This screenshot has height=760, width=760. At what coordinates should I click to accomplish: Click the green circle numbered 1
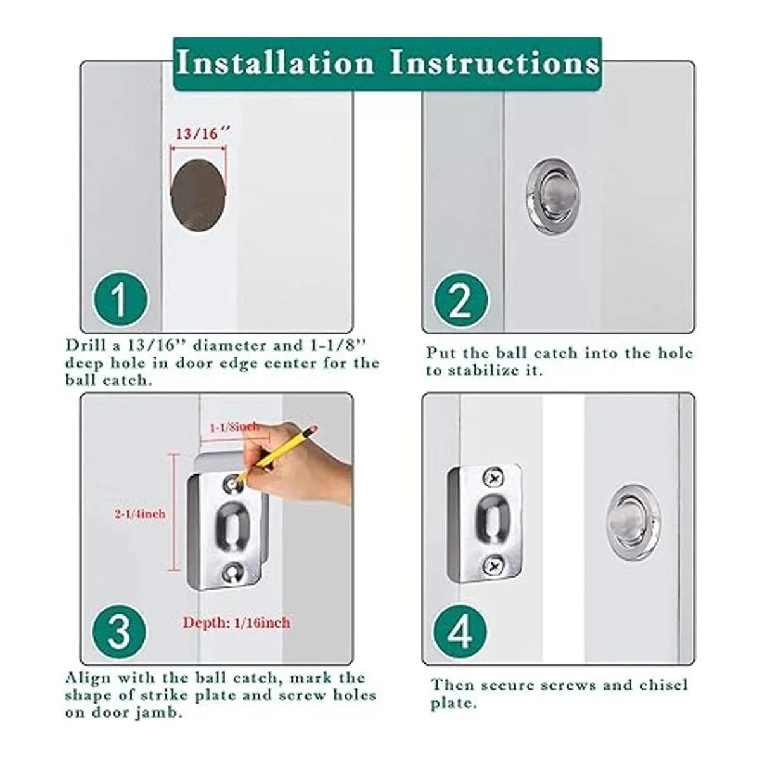[x=120, y=299]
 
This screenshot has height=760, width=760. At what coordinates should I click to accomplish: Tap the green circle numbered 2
[x=460, y=299]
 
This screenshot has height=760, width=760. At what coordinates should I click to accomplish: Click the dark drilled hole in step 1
[x=199, y=195]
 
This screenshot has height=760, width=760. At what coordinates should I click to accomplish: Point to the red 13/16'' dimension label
[x=202, y=134]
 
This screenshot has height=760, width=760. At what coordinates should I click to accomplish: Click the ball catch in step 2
[x=553, y=195]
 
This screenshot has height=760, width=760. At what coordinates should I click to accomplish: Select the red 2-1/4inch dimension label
[x=140, y=514]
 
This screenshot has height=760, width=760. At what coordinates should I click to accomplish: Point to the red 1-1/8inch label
[x=234, y=427]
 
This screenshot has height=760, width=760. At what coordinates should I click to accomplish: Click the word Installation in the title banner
[x=275, y=63]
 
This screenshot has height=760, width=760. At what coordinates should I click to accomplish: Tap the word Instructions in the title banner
[x=495, y=63]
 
